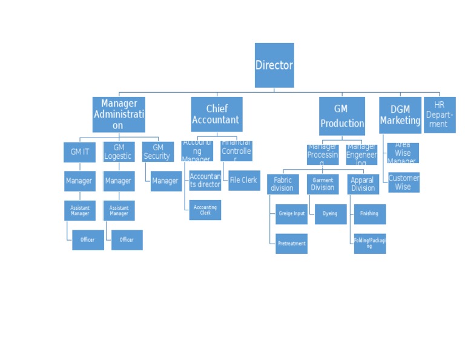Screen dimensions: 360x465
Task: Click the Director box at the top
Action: (274, 65)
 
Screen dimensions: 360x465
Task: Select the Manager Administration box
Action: (119, 115)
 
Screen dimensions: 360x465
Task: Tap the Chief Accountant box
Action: (216, 115)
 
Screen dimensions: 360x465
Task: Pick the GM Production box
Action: (342, 116)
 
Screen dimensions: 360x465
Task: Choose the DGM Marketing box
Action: (400, 115)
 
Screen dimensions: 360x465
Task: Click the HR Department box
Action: (439, 115)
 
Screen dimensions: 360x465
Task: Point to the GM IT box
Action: (79, 152)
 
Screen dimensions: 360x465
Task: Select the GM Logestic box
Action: (119, 152)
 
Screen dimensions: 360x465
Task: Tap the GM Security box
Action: (157, 152)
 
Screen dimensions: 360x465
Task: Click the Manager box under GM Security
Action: (166, 181)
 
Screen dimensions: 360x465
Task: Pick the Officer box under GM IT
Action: (88, 240)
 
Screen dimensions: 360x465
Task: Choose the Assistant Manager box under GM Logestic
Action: (119, 211)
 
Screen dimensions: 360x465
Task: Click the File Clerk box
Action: (244, 181)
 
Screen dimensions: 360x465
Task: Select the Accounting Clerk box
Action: (205, 210)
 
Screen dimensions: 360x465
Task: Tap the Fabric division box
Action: (283, 184)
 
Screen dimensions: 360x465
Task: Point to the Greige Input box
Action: (292, 214)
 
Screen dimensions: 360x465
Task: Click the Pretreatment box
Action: (292, 244)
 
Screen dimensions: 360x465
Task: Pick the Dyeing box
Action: (331, 214)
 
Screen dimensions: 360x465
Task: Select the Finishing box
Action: (369, 214)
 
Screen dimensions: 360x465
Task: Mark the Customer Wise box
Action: (404, 182)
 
